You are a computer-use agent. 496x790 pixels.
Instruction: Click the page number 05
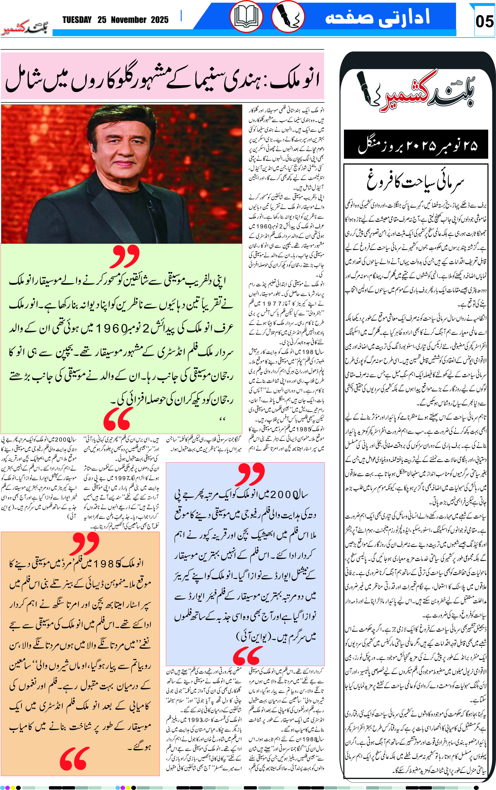coord(484,21)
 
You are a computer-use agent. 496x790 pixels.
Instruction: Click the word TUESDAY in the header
coord(77,20)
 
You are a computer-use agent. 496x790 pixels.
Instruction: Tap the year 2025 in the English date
coord(160,20)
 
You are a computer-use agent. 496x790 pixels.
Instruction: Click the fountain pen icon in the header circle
coord(288,16)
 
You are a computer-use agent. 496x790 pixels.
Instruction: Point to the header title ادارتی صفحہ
coord(377,17)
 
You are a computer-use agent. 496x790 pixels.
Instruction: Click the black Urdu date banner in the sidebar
coord(416,145)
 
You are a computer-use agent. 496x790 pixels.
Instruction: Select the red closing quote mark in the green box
coord(118,419)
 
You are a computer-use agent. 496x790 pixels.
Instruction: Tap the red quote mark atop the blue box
coord(251,474)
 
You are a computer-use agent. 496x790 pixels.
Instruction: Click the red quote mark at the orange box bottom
coord(73,759)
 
